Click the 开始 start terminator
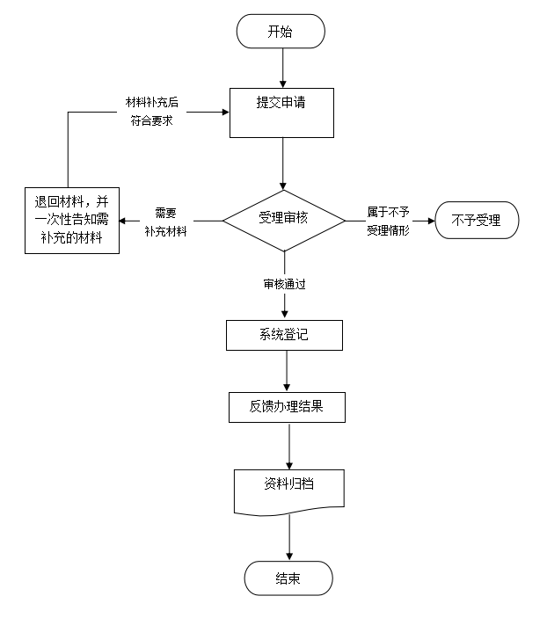[281, 32]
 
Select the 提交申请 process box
[281, 113]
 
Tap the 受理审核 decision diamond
[283, 219]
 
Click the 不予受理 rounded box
[476, 220]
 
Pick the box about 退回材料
[71, 220]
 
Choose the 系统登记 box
[283, 335]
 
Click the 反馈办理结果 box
[286, 407]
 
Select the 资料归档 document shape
[288, 491]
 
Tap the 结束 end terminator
[288, 578]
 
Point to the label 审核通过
[283, 285]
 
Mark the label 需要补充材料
[165, 220]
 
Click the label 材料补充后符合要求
[152, 113]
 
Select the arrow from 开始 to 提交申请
[281, 68]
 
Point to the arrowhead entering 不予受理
[430, 220]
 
